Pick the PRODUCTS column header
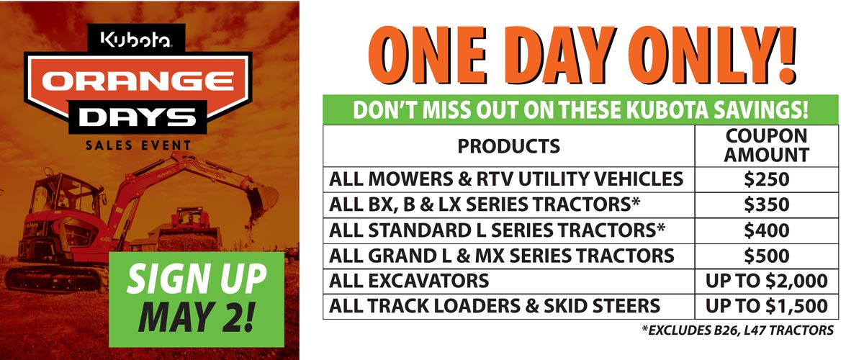pyautogui.click(x=508, y=146)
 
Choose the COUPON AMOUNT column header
pyautogui.click(x=766, y=146)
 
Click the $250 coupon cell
pyautogui.click(x=766, y=179)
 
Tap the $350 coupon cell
pyautogui.click(x=766, y=205)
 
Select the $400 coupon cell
pyautogui.click(x=766, y=230)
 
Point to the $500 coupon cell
pyautogui.click(x=766, y=256)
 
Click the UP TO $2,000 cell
pyautogui.click(x=766, y=281)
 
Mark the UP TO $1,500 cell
pyautogui.click(x=766, y=306)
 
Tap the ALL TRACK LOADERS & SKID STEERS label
pyautogui.click(x=495, y=306)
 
